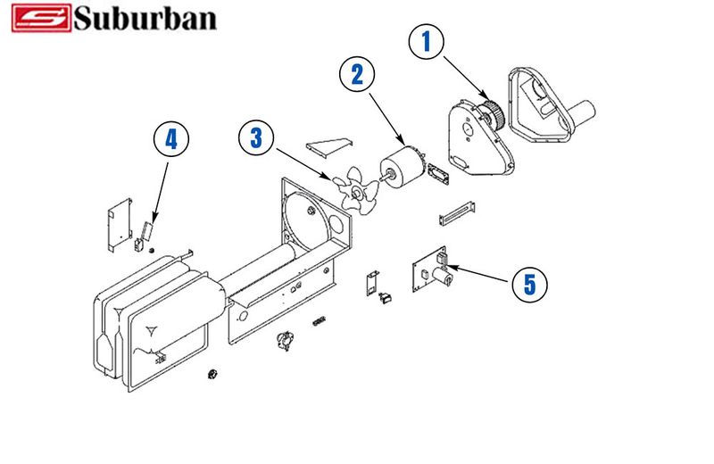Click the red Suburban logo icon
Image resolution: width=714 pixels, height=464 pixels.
click(x=40, y=18)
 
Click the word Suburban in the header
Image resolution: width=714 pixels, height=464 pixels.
click(x=145, y=18)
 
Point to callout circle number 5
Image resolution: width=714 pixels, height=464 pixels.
click(x=530, y=284)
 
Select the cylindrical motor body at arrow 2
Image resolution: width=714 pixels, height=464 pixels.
click(x=403, y=168)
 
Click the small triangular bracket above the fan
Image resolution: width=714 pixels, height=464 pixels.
click(x=330, y=145)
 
